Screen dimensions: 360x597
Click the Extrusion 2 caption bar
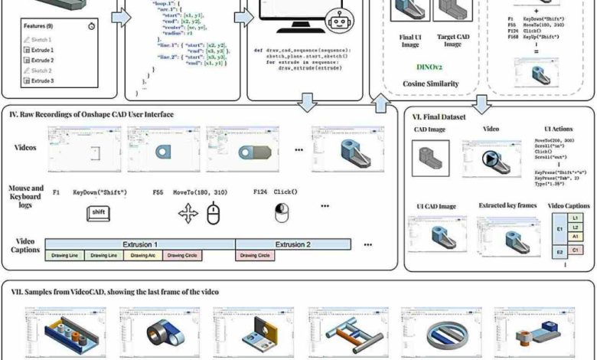click(x=293, y=244)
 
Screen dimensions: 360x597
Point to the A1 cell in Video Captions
click(x=576, y=236)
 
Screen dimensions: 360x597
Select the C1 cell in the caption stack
click(x=576, y=250)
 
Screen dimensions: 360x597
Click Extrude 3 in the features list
click(x=43, y=80)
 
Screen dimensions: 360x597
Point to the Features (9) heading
click(x=38, y=25)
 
